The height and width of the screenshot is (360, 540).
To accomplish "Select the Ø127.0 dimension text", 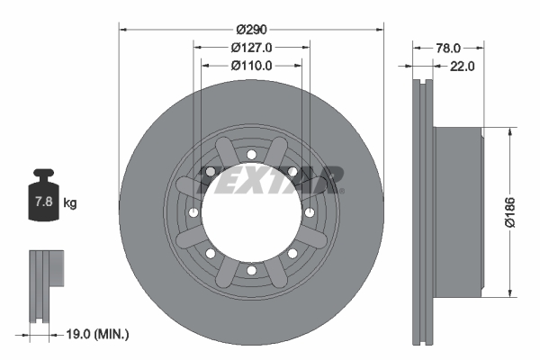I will pos(252,48).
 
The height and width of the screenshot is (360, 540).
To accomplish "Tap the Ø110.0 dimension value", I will pos(252,66).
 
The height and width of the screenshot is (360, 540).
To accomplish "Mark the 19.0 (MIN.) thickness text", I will pos(99,334).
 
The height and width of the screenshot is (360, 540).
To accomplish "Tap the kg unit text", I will pos(70,203).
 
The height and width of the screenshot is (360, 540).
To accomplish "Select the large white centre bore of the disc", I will pos(251,212).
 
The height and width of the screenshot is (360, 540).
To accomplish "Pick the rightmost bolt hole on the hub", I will pos(310,212).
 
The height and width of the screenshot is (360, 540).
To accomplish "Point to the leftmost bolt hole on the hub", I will pos(193,212).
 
